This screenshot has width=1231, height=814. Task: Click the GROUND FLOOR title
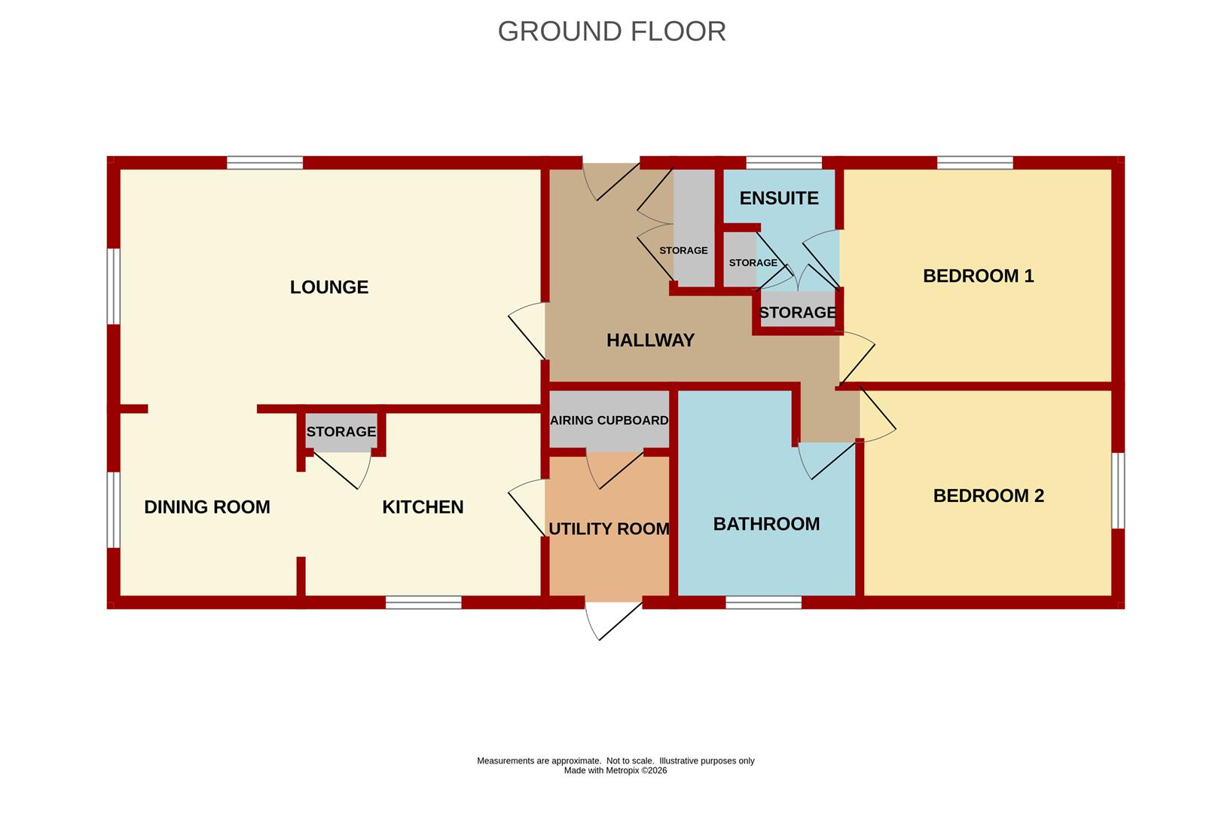click(x=612, y=32)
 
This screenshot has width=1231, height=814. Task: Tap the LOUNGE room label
click(x=329, y=287)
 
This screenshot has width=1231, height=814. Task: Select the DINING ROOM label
click(x=207, y=506)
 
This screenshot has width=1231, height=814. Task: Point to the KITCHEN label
click(x=423, y=506)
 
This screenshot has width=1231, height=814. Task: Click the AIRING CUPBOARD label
click(x=609, y=421)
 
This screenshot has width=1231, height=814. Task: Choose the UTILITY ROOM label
click(x=609, y=529)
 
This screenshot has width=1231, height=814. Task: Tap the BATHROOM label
click(x=767, y=524)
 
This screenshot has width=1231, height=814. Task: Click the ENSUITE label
click(x=779, y=198)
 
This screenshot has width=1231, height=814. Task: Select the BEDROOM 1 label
click(x=979, y=276)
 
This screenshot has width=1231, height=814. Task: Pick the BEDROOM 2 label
click(x=988, y=496)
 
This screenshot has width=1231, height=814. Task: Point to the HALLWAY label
click(x=651, y=340)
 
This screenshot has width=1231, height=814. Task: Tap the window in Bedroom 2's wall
click(x=1118, y=490)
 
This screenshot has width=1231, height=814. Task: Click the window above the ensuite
click(x=784, y=163)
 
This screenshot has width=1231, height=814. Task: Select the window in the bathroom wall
click(x=763, y=602)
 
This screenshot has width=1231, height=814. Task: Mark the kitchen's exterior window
click(x=423, y=602)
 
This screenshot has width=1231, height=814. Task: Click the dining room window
click(x=113, y=510)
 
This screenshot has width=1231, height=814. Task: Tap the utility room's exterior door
click(x=614, y=620)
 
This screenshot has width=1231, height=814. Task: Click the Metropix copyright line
click(x=615, y=770)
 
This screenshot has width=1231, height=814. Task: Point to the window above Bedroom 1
click(x=975, y=163)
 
